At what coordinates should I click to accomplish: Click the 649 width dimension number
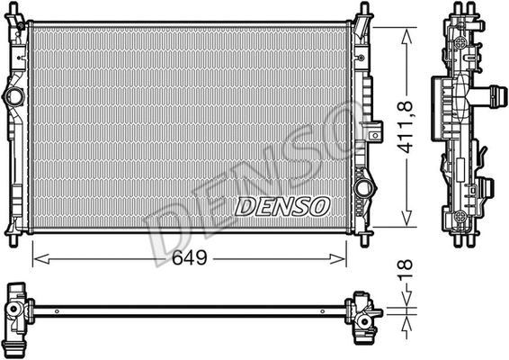pyautogui.click(x=190, y=258)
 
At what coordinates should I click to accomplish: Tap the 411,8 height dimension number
pyautogui.click(x=408, y=126)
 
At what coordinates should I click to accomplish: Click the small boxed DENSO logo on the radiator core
pyautogui.click(x=282, y=206)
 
